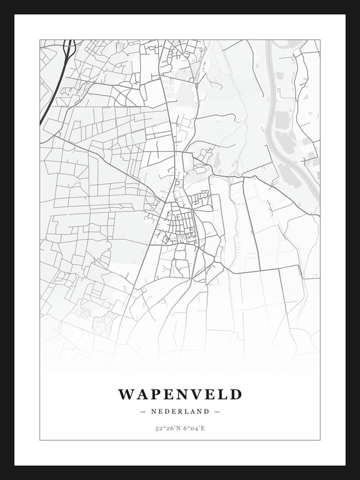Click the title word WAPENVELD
[x=180, y=394]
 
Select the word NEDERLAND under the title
[x=180, y=411]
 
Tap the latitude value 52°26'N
[x=166, y=428]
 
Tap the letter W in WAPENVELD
[x=126, y=394]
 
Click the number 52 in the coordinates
[x=158, y=428]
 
